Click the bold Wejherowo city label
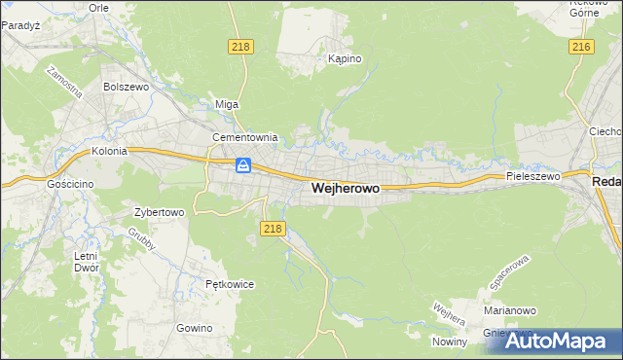pos(345,189)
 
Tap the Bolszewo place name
pos(124,86)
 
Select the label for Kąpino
pos(345,58)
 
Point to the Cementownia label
pos(245,137)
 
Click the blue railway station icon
pos(243,165)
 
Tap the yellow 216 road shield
pos(582,47)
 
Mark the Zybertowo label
pos(159,210)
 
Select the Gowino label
pos(195,328)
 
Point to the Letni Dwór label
pos(85,262)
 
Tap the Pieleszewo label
pos(532,176)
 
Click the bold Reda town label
pos(606,182)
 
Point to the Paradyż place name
pos(19,25)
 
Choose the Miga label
pos(226,104)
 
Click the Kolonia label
pos(110,152)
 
